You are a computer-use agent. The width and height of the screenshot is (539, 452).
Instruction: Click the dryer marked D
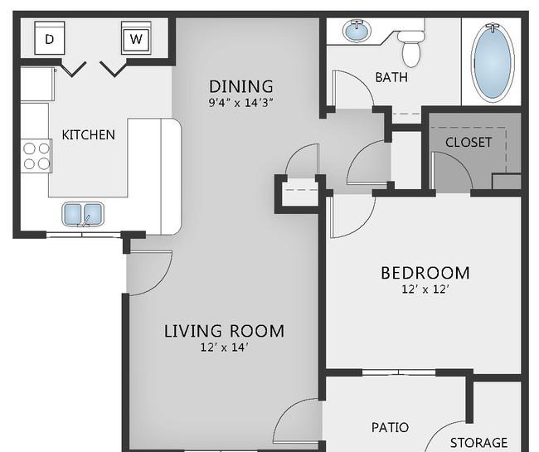[50, 38]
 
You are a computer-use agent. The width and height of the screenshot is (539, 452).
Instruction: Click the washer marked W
[136, 38]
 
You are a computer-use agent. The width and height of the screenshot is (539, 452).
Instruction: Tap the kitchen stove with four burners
[36, 156]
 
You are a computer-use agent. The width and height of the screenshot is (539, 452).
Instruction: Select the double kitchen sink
[83, 214]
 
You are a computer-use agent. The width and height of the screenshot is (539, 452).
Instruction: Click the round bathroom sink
[357, 31]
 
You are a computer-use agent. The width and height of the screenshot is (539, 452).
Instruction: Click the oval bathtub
[493, 62]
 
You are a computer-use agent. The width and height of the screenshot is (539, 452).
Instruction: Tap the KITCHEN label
[89, 134]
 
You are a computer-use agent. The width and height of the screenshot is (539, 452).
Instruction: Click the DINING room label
[241, 86]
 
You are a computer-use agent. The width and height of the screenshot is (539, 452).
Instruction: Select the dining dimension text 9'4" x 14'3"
[241, 103]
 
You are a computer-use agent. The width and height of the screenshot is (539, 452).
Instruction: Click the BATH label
[391, 77]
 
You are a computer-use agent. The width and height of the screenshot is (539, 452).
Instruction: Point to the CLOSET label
[469, 143]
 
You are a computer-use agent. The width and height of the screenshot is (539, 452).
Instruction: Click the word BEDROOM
[425, 273]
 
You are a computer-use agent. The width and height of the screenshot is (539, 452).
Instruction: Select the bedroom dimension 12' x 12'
[425, 289]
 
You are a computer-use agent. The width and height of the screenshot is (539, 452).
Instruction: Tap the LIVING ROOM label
[224, 331]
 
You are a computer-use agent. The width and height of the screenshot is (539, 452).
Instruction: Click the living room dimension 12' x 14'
[224, 348]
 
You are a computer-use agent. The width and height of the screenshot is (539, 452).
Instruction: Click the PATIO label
[391, 428]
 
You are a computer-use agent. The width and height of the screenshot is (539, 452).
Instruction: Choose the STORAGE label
[478, 442]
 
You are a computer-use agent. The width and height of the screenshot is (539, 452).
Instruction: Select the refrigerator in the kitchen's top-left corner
[37, 85]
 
